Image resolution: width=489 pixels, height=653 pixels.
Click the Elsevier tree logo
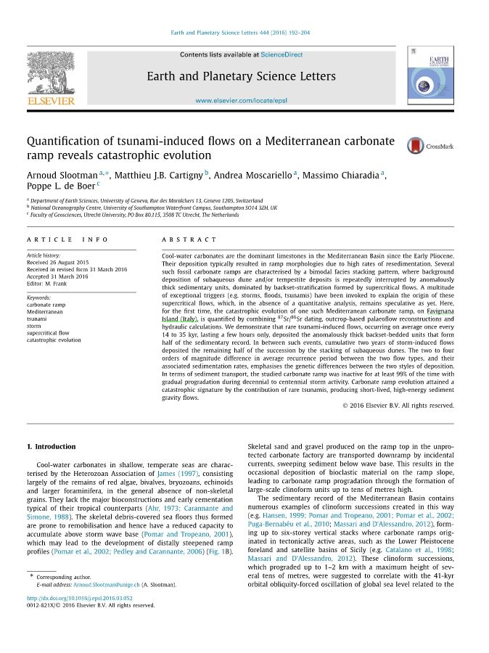click(x=51, y=74)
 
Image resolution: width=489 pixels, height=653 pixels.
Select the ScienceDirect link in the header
click(x=282, y=54)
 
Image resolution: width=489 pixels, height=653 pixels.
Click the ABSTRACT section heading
click(x=189, y=239)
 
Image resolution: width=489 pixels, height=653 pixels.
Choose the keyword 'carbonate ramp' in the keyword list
click(x=46, y=305)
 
